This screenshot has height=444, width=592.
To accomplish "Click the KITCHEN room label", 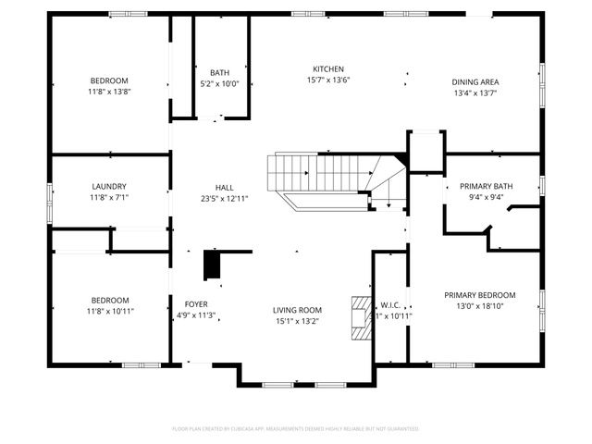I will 328,69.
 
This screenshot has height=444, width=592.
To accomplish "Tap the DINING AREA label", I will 475,81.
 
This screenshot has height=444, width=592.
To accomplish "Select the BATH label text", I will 219,72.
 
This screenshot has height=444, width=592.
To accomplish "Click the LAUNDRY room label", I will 109,186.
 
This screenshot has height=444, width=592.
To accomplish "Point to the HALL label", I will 225,186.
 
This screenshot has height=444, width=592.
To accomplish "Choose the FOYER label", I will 196,303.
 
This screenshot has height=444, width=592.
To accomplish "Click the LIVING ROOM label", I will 297,310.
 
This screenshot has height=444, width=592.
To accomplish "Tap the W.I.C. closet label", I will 390,304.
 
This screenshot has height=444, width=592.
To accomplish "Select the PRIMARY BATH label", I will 490,186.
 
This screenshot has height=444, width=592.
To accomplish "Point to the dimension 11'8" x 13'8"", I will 109,92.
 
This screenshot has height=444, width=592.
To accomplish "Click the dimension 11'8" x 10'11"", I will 109,311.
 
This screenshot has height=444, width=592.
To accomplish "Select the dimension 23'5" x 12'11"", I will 225,197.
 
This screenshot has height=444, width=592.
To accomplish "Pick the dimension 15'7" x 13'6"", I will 328,80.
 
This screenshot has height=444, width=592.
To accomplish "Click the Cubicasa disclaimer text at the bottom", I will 296,428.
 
